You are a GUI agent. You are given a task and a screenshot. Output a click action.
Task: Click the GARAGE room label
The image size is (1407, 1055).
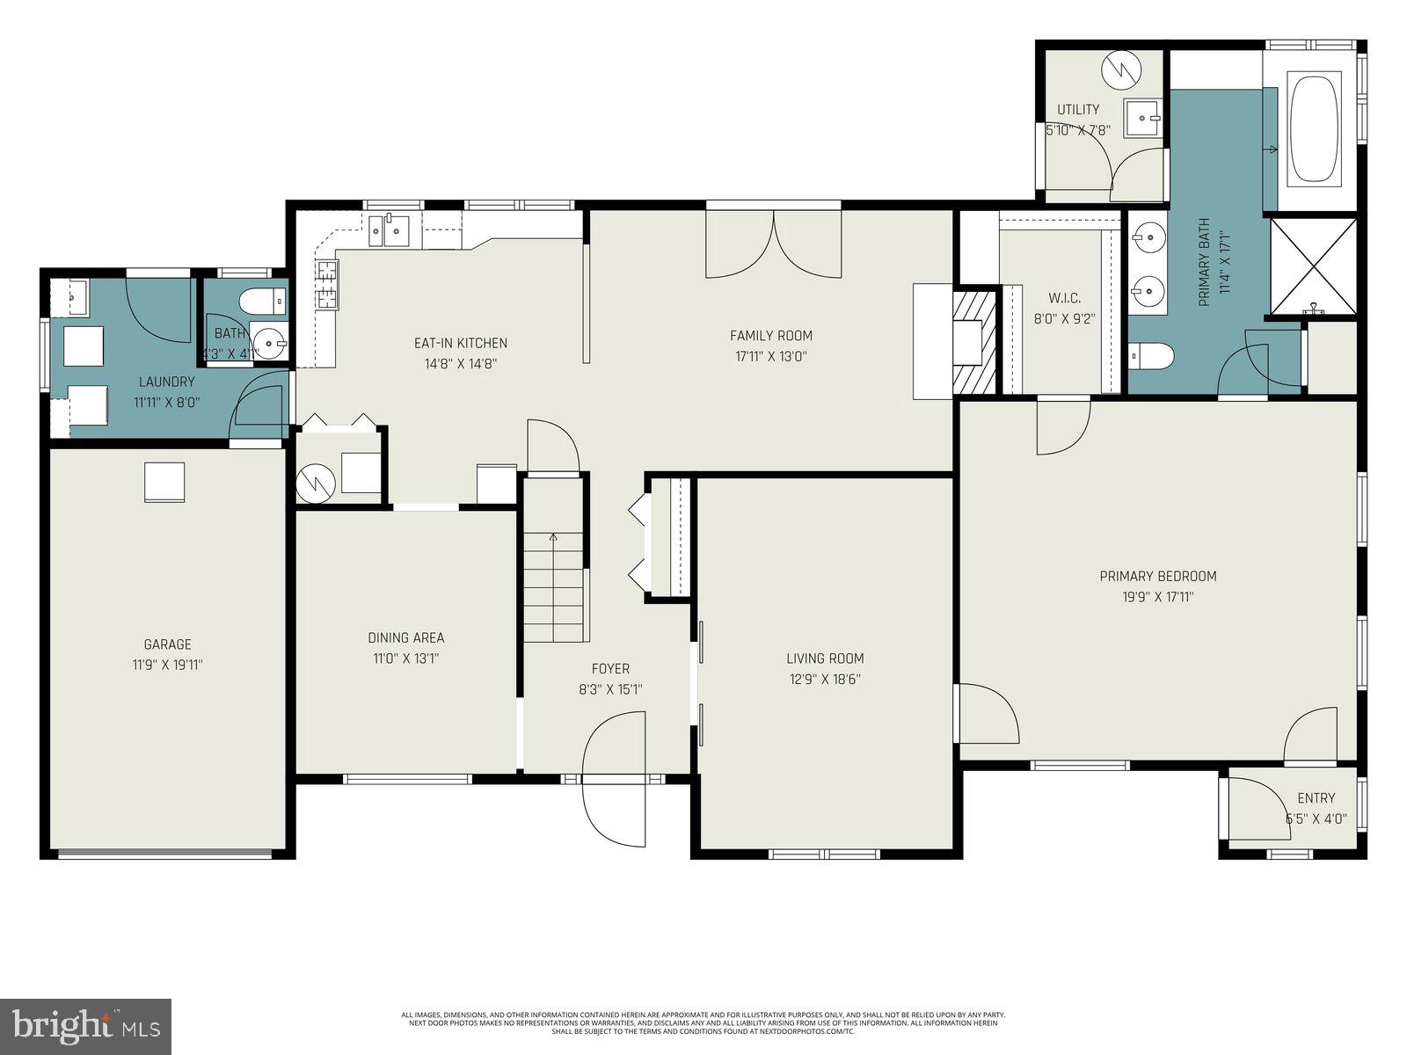167,644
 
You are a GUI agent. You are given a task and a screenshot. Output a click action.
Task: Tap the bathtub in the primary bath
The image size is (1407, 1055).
1313,128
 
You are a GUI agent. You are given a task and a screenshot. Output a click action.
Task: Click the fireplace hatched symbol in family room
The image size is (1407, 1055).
976,342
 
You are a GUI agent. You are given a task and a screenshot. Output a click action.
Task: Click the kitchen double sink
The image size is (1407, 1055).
389,231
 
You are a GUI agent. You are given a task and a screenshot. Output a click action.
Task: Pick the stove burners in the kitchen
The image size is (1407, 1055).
326,284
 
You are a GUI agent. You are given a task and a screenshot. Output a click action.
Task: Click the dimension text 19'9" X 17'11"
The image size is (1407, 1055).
1157,597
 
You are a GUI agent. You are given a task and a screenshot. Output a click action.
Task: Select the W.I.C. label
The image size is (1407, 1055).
1063,297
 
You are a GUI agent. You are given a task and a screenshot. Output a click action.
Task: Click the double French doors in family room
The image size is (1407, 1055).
773,244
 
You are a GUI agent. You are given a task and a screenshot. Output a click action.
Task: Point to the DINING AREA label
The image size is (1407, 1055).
405,637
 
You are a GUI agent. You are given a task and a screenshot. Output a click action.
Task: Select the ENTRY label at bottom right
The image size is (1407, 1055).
1316,798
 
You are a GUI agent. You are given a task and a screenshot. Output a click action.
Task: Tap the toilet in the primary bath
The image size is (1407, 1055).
1151,356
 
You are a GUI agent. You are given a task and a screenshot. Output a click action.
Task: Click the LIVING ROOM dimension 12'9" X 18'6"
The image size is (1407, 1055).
824,679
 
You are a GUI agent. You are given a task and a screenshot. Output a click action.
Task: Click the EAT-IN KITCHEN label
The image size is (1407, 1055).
460,343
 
